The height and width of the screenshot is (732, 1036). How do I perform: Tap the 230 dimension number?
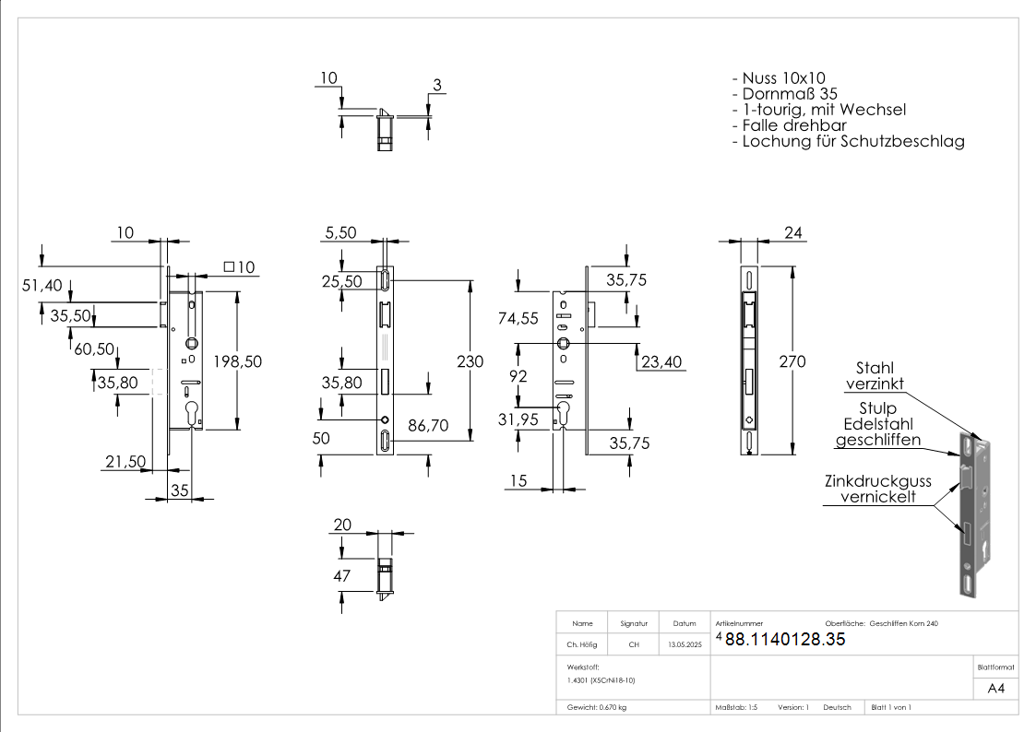coord(470,362)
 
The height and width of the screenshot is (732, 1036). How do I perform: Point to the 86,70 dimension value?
coord(429,427)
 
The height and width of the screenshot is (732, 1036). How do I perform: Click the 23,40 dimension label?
coord(660,362)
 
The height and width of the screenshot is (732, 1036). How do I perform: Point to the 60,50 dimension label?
coord(93,348)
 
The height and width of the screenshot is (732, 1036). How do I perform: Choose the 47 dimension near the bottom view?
coord(342,576)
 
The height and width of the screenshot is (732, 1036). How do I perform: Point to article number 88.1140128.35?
coord(785,640)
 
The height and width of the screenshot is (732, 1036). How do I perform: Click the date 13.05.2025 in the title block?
coord(685,644)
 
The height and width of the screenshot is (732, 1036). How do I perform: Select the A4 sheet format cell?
coord(996,689)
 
